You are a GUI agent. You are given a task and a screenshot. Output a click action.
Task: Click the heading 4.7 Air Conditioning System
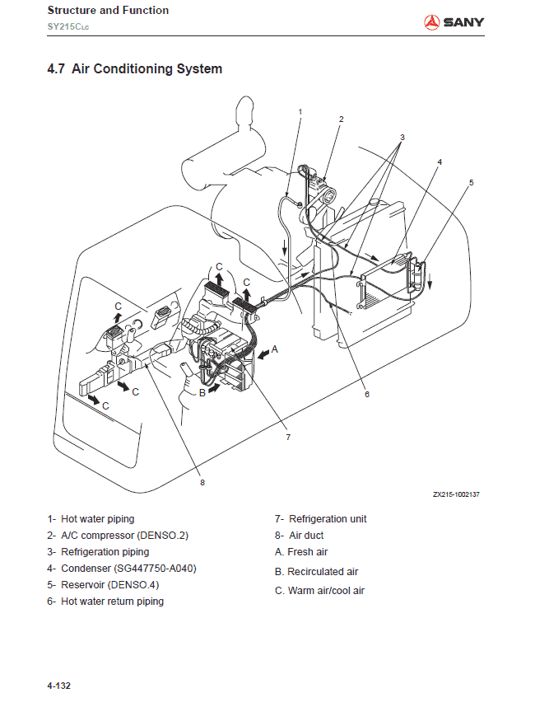[134, 69]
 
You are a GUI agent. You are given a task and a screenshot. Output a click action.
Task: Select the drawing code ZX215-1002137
[456, 494]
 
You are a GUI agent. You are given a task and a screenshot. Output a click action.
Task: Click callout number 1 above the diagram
[300, 111]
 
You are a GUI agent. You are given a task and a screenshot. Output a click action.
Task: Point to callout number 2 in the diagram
[341, 119]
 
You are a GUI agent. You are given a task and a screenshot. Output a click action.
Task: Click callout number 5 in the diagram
[472, 183]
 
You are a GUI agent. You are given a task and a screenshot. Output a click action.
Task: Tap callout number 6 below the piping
[367, 394]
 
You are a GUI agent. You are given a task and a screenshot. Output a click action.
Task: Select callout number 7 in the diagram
[288, 438]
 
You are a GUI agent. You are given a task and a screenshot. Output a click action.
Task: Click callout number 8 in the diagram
[202, 483]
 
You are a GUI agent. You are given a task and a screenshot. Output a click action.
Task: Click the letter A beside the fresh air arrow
[275, 349]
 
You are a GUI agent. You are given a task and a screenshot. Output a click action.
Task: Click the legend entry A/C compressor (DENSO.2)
[118, 536]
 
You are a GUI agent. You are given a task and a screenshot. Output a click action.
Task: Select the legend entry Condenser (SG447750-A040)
[122, 569]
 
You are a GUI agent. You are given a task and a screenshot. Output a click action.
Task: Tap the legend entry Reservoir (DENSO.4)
[103, 585]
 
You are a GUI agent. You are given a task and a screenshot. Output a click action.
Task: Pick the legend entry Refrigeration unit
[321, 519]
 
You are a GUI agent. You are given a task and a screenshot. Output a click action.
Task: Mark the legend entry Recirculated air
[316, 572]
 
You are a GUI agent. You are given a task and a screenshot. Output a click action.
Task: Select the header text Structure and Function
[108, 11]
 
